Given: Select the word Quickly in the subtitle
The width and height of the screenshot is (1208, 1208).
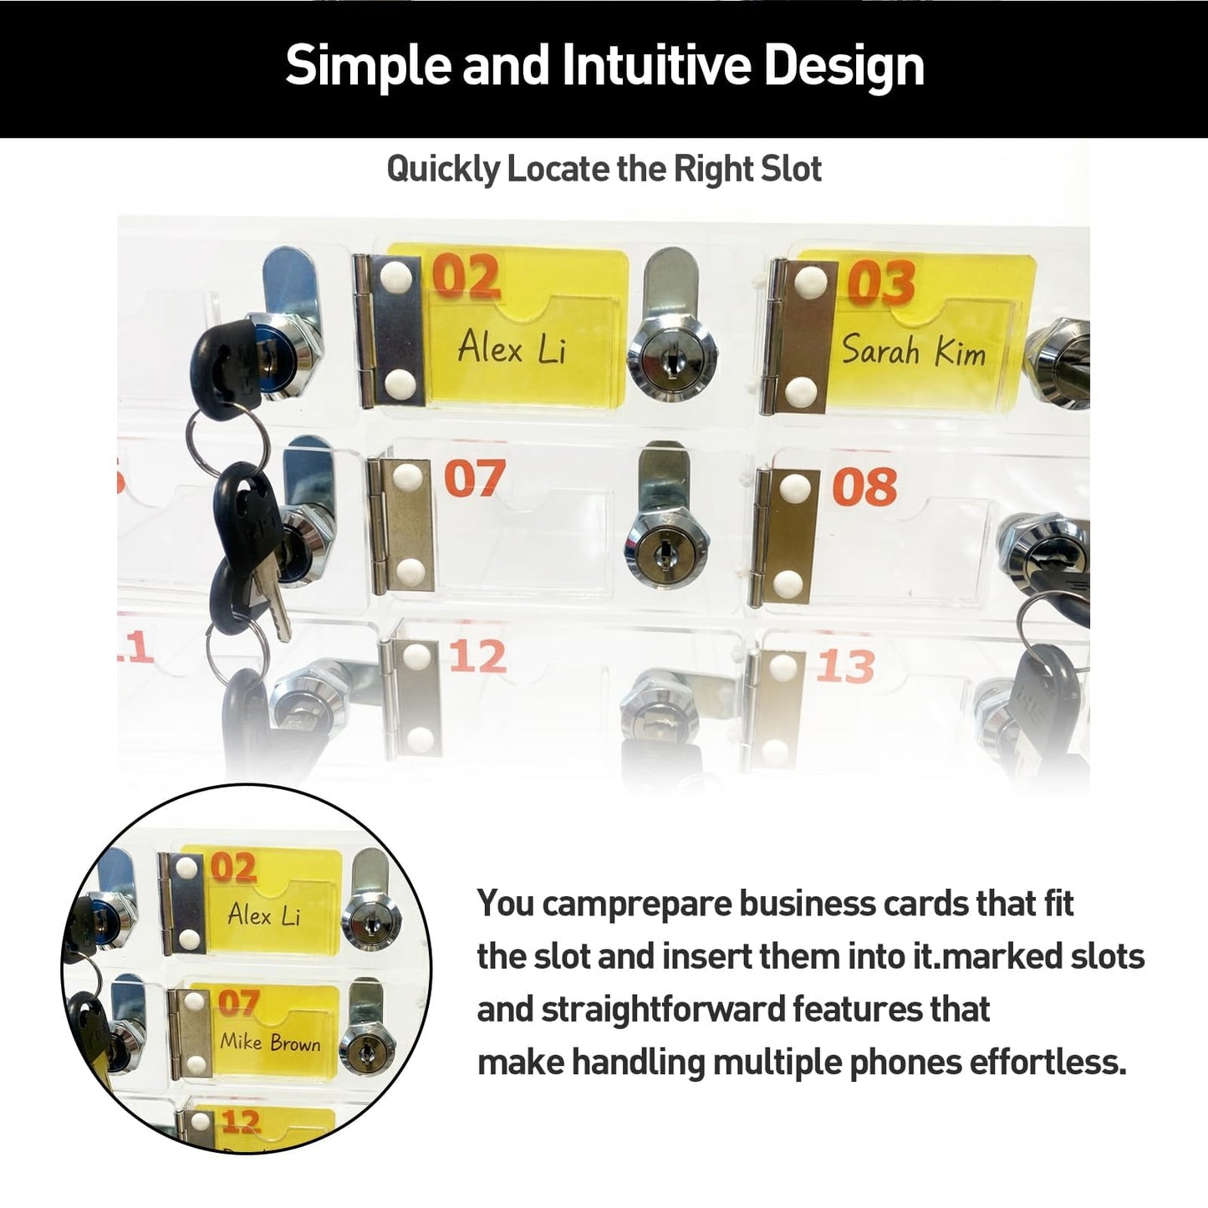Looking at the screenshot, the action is pos(442,170).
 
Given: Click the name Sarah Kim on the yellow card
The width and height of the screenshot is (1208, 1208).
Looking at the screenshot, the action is pos(914,350).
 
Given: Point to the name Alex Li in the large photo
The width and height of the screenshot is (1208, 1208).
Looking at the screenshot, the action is pos(512,347).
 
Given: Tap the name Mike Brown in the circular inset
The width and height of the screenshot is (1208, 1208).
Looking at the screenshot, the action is pos(269,1042).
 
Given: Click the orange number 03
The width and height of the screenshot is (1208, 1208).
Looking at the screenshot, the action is pos(881,282).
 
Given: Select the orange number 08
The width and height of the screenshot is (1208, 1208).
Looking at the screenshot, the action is pos(864,487).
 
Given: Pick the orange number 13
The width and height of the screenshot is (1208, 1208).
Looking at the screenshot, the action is pos(846,665).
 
